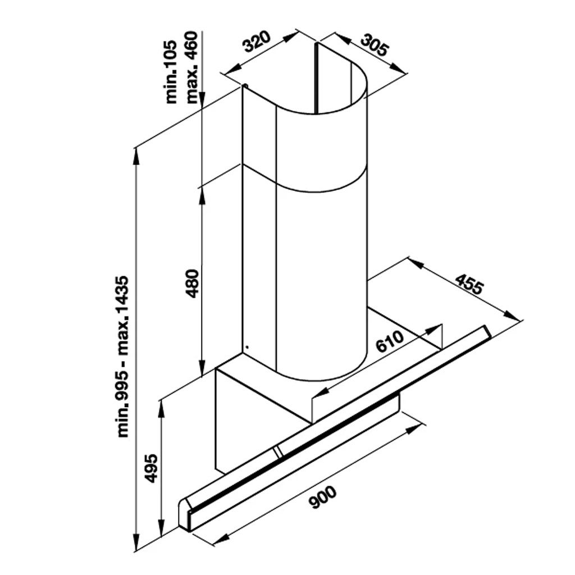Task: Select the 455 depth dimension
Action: click(x=468, y=284)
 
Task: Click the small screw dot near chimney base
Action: click(x=245, y=346)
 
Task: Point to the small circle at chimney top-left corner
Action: click(x=244, y=86)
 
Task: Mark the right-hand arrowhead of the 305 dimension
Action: click(x=400, y=69)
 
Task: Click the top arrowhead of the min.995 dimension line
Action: click(x=136, y=154)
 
